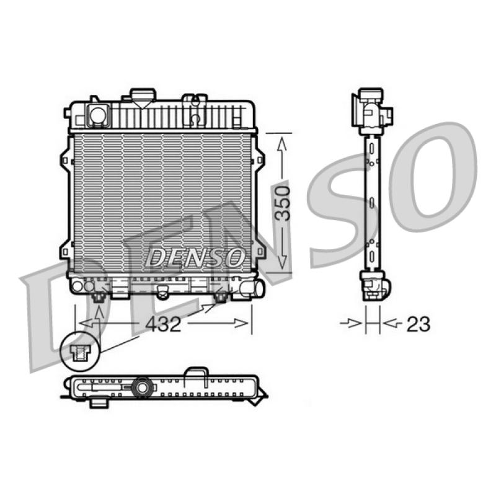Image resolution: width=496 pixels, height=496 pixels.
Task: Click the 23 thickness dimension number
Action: click(418, 324)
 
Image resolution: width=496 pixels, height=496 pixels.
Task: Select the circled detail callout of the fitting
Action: click(80, 351)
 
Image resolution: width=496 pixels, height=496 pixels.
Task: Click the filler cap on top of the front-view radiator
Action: click(143, 95)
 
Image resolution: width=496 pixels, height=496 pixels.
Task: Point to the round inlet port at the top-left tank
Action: click(98, 115)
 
